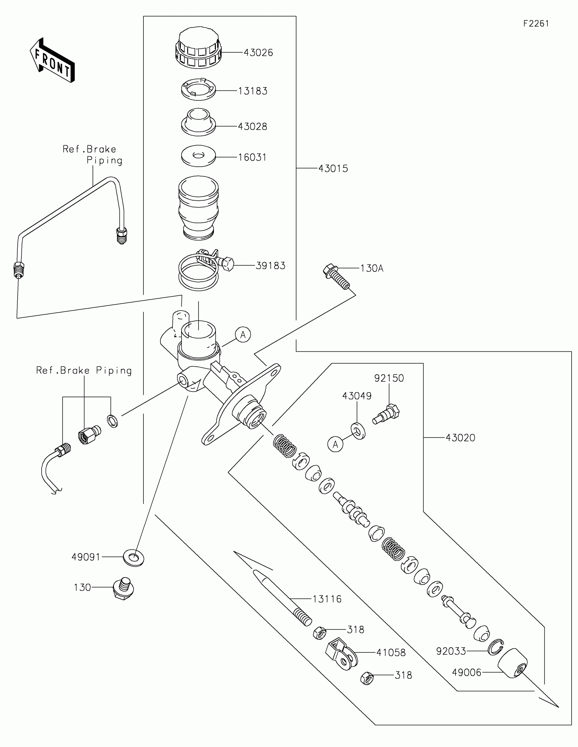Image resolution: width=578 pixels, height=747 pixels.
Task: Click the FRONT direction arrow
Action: tap(52, 60)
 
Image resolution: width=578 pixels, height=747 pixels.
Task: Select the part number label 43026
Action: tap(258, 53)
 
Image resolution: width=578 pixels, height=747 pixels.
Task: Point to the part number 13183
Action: tap(253, 91)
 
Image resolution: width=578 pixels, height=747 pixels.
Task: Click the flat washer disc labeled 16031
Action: tap(198, 156)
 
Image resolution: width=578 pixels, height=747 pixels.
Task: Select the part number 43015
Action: tap(333, 169)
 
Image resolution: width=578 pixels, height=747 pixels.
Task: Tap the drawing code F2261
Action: tap(536, 23)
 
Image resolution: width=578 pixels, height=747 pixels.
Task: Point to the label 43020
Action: tap(460, 438)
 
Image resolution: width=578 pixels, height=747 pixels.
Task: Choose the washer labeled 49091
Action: tap(134, 558)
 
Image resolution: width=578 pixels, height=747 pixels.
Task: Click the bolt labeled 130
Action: tap(123, 588)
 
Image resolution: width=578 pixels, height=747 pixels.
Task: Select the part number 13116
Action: tap(327, 599)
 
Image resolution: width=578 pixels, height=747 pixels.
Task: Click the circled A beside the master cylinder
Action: tap(243, 334)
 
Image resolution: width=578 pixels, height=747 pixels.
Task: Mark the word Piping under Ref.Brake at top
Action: tap(105, 161)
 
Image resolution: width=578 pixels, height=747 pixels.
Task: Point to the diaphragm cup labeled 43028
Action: tap(198, 122)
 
